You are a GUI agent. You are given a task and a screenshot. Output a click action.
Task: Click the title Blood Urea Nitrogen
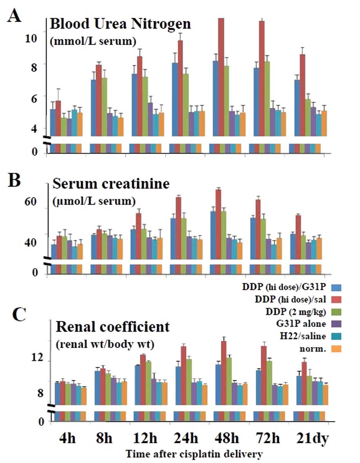(120, 25)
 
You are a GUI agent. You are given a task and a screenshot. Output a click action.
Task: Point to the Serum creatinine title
(110, 184)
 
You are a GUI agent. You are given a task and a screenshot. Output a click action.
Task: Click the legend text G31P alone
(300, 324)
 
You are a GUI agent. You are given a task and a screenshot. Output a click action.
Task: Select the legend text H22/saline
(302, 336)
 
